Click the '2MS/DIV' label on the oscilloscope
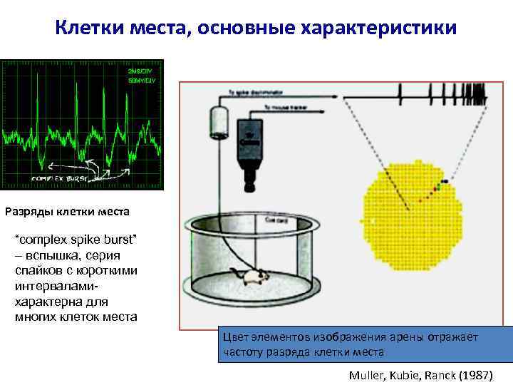click(x=142, y=72)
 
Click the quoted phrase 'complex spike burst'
click(x=76, y=237)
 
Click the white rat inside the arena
click(x=252, y=277)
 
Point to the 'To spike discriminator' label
click(x=253, y=93)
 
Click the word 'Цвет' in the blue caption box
click(x=237, y=337)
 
